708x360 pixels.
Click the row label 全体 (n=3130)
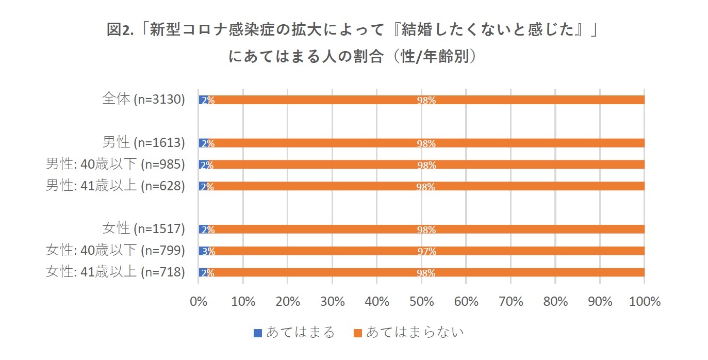tap(143, 100)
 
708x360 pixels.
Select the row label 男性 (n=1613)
tap(143, 143)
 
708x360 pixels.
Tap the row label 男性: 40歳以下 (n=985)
tap(115, 165)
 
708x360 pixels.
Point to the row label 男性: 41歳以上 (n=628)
tap(115, 186)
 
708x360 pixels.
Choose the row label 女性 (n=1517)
tap(143, 229)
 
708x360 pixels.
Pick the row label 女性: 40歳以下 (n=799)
tap(115, 251)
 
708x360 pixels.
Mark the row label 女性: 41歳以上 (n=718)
tap(115, 272)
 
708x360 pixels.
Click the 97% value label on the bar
tap(426, 251)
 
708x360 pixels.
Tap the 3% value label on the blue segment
tap(208, 251)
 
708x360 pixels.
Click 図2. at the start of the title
tap(120, 30)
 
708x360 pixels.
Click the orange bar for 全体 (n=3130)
tap(516, 100)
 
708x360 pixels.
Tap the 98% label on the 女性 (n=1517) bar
tap(426, 230)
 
